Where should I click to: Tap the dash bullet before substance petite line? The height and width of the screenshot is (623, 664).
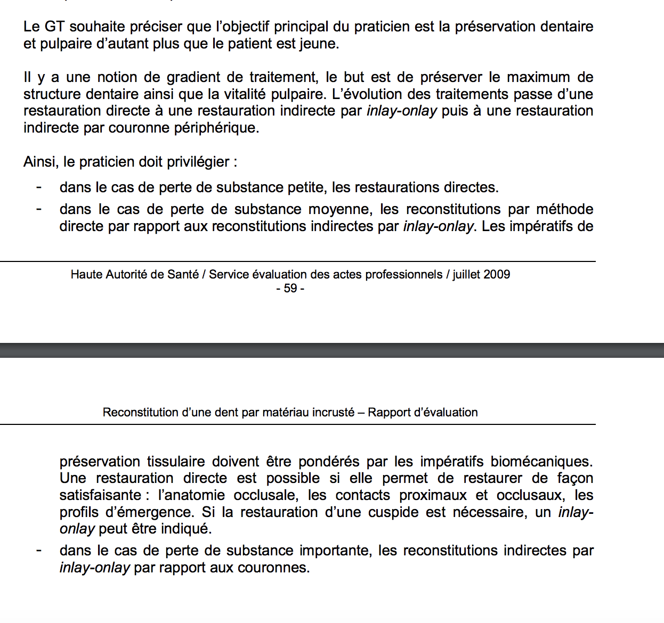pos(39,187)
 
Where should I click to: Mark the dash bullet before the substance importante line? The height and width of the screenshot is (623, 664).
pos(39,551)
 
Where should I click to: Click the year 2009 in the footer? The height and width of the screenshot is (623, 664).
pos(497,274)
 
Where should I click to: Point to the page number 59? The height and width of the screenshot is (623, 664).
pos(290,288)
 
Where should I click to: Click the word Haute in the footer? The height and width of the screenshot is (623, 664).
pos(87,274)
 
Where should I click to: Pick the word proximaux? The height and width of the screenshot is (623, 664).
pos(433,495)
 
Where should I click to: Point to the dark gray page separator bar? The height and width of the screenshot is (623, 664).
pos(332,350)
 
